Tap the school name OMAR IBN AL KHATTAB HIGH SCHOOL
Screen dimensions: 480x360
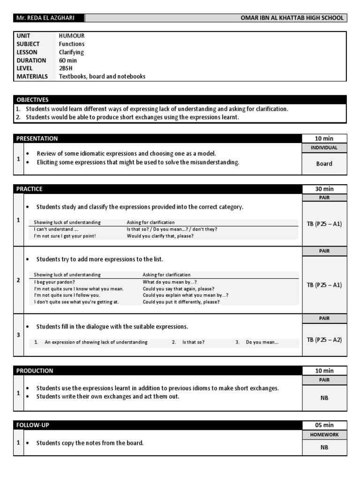pyautogui.click(x=292, y=18)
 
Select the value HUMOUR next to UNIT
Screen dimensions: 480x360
pyautogui.click(x=72, y=36)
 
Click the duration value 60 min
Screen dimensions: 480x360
pyautogui.click(x=68, y=60)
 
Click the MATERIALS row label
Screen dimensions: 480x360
pyautogui.click(x=32, y=76)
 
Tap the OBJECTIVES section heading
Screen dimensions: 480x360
pyautogui.click(x=32, y=100)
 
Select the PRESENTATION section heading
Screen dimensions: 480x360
pyautogui.click(x=37, y=138)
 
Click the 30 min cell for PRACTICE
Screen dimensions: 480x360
pyautogui.click(x=324, y=189)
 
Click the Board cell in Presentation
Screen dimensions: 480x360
pyautogui.click(x=324, y=164)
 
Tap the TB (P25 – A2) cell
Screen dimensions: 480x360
pyautogui.click(x=324, y=339)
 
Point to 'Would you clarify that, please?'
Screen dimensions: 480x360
pyautogui.click(x=160, y=236)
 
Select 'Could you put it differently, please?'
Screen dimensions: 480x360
pyautogui.click(x=181, y=302)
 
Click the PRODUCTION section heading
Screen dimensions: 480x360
pyautogui.click(x=35, y=371)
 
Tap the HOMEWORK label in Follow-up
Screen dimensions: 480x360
pyautogui.click(x=324, y=435)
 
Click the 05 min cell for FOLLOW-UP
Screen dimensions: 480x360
pyautogui.click(x=324, y=425)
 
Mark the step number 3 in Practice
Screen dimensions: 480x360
pyautogui.click(x=18, y=335)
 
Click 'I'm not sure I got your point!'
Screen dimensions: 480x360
pyautogui.click(x=65, y=236)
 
